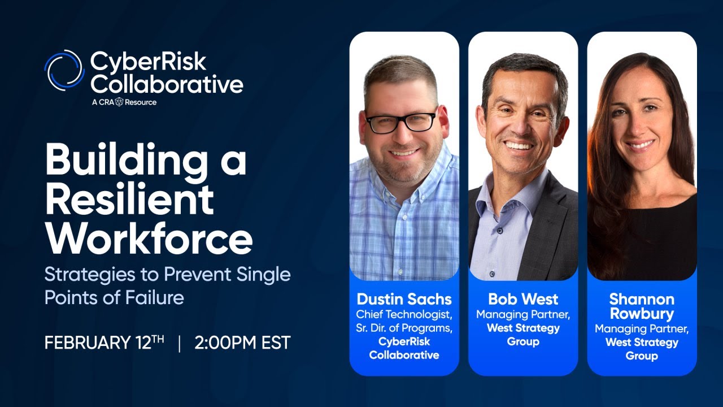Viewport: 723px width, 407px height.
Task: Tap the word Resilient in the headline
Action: pyautogui.click(x=129, y=199)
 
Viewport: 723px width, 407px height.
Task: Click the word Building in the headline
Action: pyautogui.click(x=121, y=160)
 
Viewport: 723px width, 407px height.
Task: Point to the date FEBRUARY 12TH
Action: pyautogui.click(x=104, y=343)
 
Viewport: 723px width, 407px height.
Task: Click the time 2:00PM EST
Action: pyautogui.click(x=242, y=343)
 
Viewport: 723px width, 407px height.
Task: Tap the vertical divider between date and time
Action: pyautogui.click(x=180, y=343)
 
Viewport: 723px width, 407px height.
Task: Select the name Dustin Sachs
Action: pyautogui.click(x=404, y=298)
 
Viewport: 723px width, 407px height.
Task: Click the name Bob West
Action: pyautogui.click(x=523, y=298)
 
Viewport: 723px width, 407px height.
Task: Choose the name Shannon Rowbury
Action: pyautogui.click(x=642, y=305)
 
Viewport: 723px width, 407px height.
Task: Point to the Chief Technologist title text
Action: pyautogui.click(x=404, y=313)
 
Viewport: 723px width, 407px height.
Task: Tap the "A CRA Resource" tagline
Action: pyautogui.click(x=124, y=102)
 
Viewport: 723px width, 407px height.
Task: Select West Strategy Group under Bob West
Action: pyautogui.click(x=523, y=335)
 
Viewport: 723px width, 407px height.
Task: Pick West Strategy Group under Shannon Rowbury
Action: pyautogui.click(x=642, y=349)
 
